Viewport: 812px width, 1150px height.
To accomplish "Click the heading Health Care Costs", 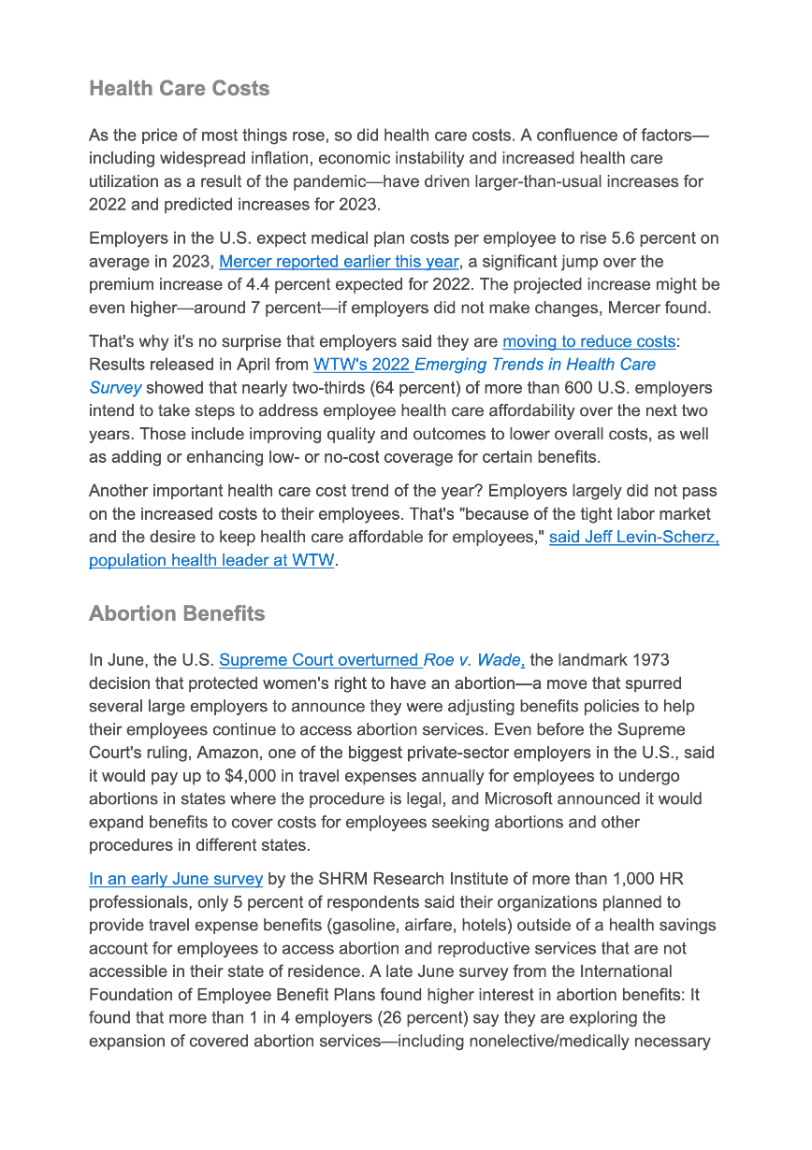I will click(x=179, y=89).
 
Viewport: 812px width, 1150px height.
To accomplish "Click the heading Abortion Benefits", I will click(x=177, y=614).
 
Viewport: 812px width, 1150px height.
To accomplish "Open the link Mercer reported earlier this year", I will click(x=339, y=262).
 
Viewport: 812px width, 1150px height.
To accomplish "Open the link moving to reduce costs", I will click(x=588, y=341).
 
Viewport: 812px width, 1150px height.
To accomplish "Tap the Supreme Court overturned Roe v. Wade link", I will click(x=371, y=660).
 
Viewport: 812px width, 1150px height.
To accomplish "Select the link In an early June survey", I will click(x=176, y=879).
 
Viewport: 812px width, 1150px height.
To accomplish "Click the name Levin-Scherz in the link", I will click(x=669, y=538).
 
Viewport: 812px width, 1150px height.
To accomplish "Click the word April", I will click(x=285, y=365).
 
